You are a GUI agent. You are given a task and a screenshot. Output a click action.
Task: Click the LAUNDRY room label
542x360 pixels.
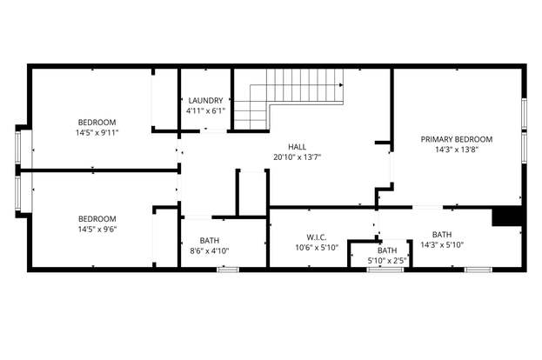pos(205,101)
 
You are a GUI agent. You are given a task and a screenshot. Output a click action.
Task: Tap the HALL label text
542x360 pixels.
pos(298,147)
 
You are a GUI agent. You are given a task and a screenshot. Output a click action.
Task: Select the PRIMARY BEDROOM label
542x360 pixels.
pos(457,139)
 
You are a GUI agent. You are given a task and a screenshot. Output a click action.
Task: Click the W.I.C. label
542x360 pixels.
pos(317,237)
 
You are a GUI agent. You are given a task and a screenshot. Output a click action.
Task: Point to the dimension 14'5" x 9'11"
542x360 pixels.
pos(97,132)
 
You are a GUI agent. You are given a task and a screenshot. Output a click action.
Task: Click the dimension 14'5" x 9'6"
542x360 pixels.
pos(97,229)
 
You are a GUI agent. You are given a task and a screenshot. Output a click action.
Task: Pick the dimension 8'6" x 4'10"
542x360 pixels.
pos(210,250)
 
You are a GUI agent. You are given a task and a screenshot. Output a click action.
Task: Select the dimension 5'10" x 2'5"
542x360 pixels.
pos(387,261)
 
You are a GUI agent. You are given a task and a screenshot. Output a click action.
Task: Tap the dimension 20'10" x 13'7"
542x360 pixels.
pos(298,157)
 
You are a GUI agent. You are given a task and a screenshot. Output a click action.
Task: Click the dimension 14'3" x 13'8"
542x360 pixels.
pos(457,150)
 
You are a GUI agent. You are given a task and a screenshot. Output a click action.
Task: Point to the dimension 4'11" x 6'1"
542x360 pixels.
pos(205,111)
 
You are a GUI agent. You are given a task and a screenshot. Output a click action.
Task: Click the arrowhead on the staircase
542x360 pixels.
pos(341,85)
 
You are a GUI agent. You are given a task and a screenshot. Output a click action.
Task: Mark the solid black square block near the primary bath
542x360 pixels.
pos(506,216)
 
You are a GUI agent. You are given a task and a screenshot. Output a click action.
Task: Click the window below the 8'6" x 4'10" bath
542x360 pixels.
pos(228,270)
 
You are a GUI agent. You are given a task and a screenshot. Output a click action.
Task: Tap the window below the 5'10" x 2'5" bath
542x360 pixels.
pos(385,270)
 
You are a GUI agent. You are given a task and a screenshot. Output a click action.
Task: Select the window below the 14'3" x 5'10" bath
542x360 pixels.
pos(478,270)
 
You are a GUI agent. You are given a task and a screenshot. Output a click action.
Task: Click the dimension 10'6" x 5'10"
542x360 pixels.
pos(317,248)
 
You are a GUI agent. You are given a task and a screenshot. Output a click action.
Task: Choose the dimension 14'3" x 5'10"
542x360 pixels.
pos(442,245)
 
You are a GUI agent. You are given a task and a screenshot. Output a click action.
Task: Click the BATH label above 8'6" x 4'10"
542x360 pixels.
pos(210,241)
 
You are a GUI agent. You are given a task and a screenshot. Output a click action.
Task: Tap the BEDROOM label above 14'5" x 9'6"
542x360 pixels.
pos(97,218)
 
